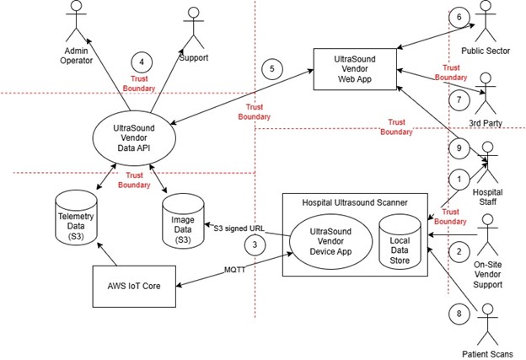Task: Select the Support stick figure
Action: pos(194,23)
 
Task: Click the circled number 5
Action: pos(271,67)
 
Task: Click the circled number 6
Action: pos(459,18)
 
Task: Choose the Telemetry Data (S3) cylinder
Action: pos(76,216)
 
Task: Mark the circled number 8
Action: pos(459,314)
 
